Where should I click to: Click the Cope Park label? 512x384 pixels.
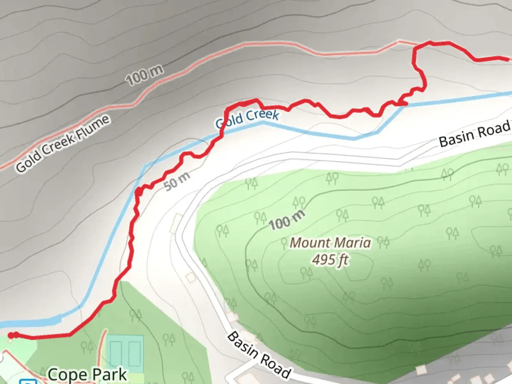pyautogui.click(x=87, y=374)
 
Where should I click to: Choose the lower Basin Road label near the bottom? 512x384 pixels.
pyautogui.click(x=258, y=355)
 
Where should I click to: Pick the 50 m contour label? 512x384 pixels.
pyautogui.click(x=177, y=181)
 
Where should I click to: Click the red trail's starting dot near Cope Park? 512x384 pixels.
pyautogui.click(x=11, y=335)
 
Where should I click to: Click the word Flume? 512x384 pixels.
pyautogui.click(x=93, y=127)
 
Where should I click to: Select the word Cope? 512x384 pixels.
pyautogui.click(x=67, y=374)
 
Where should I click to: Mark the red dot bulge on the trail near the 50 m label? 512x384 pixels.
pyautogui.click(x=139, y=192)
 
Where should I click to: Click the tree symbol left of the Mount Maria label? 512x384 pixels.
pyautogui.click(x=284, y=244)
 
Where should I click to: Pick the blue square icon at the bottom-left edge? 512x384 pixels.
pyautogui.click(x=28, y=382)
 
